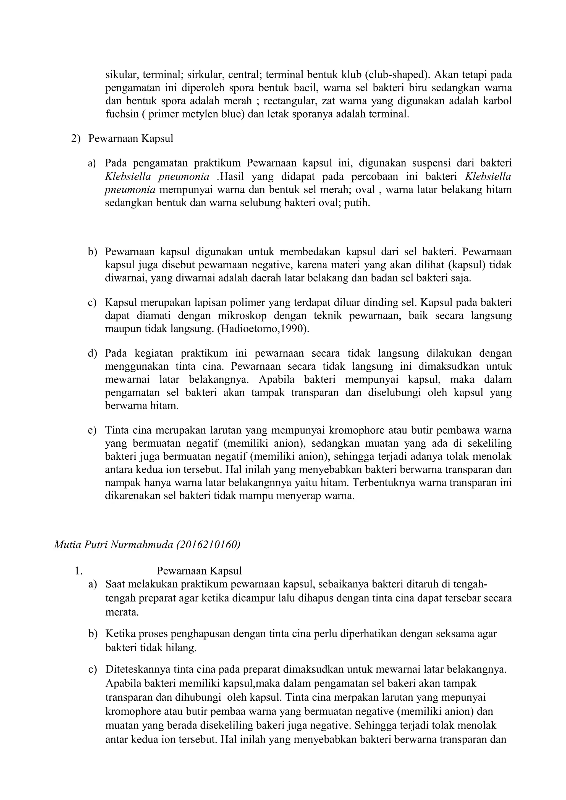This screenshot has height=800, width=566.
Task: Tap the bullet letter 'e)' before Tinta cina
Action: pyautogui.click(x=92, y=430)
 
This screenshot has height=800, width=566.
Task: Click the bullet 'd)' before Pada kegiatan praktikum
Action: pyautogui.click(x=92, y=353)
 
